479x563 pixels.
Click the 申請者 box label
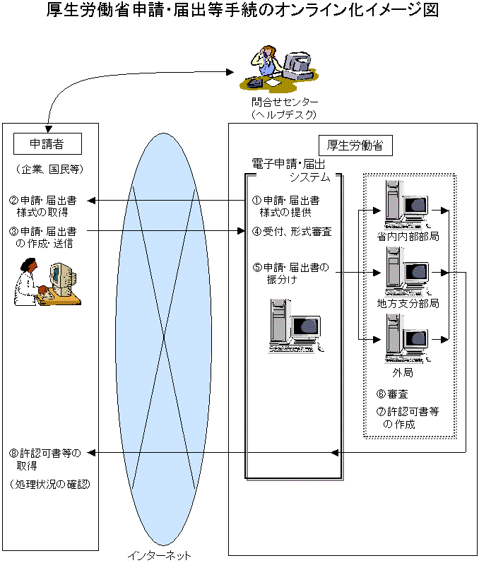47,144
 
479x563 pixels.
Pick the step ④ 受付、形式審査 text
291,232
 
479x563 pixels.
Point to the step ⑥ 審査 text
392,393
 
